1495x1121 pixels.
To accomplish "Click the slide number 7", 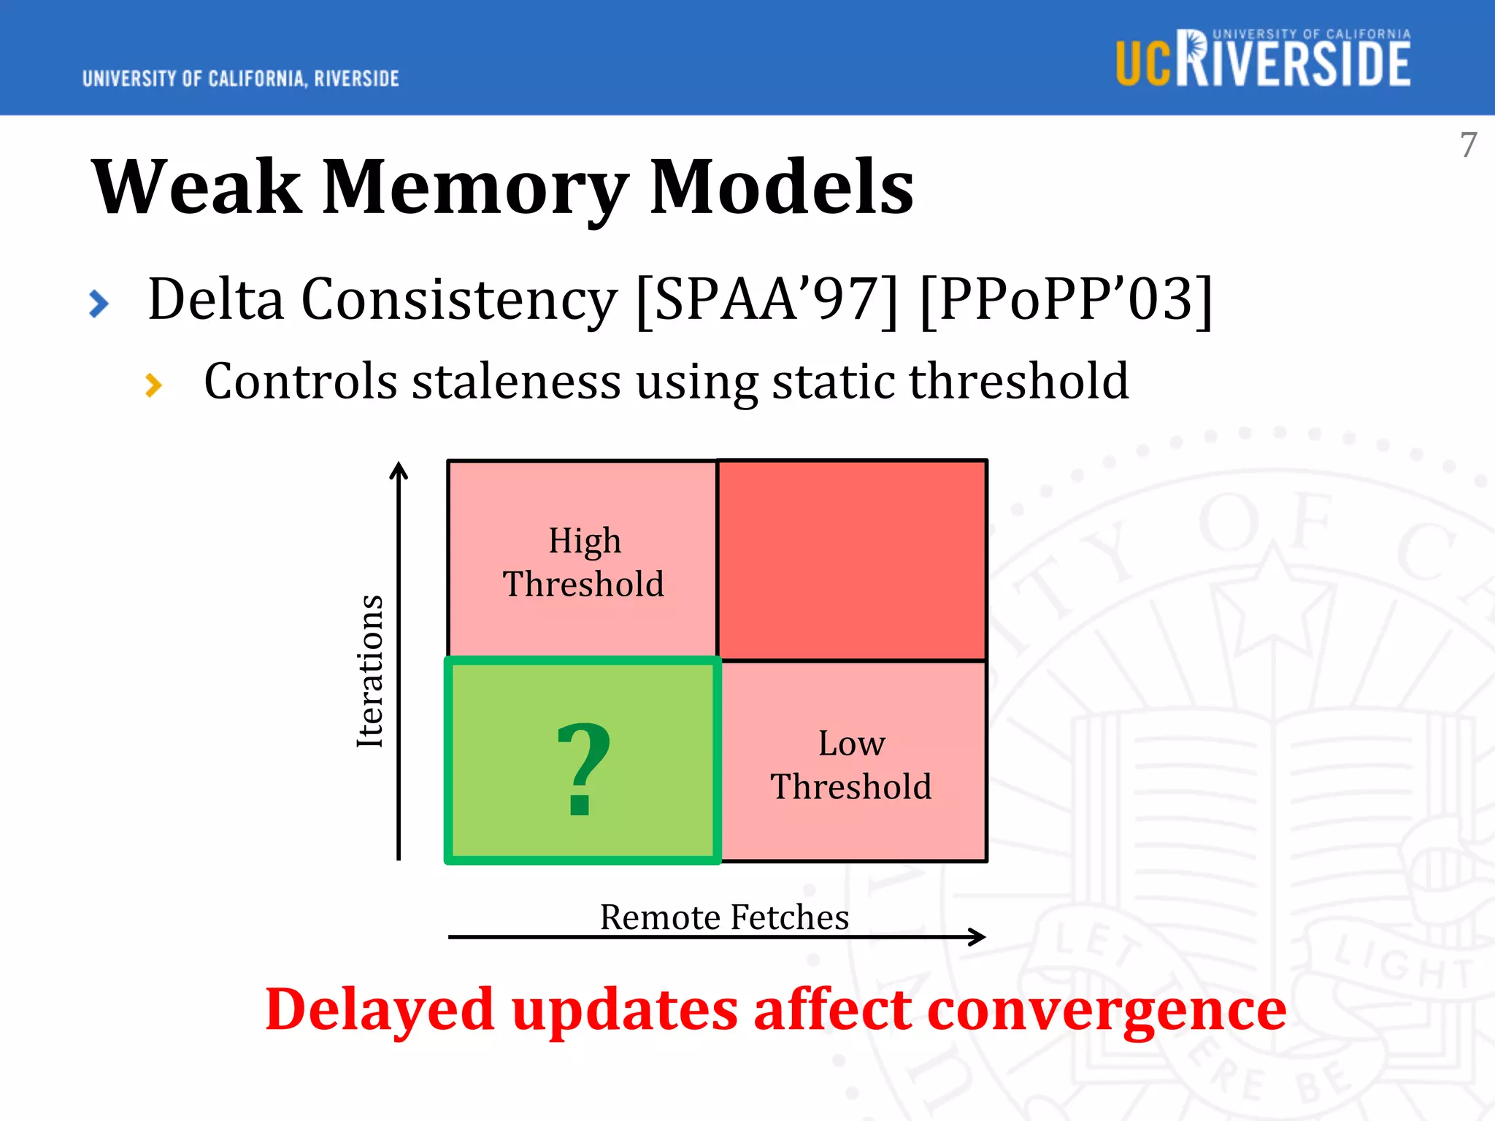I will pos(1468,145).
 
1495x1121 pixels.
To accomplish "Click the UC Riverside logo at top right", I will pos(1263,59).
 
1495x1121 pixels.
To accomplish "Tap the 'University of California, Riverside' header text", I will pos(240,78).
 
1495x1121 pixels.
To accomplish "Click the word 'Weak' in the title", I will pos(196,188).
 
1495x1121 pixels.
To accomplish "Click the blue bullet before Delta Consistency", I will pos(99,304).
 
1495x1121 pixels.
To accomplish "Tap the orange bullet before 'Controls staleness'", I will pos(153,385).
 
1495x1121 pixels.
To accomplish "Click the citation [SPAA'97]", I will pos(766,299).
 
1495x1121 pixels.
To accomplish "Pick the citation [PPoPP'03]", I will pos(1066,299).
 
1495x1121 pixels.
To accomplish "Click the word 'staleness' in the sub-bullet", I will pos(516,382).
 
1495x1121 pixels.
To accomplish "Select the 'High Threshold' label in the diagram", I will pos(583,562).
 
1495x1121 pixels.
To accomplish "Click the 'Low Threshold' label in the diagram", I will pos(851,765).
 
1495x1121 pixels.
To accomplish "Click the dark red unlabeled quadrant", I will pos(851,560).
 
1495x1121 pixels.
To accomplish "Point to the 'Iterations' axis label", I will pos(370,671).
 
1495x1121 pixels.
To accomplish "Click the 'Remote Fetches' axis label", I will pos(724,917).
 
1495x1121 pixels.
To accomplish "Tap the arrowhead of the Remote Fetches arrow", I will pos(978,936).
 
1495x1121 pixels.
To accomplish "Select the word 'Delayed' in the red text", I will pos(380,1010).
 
